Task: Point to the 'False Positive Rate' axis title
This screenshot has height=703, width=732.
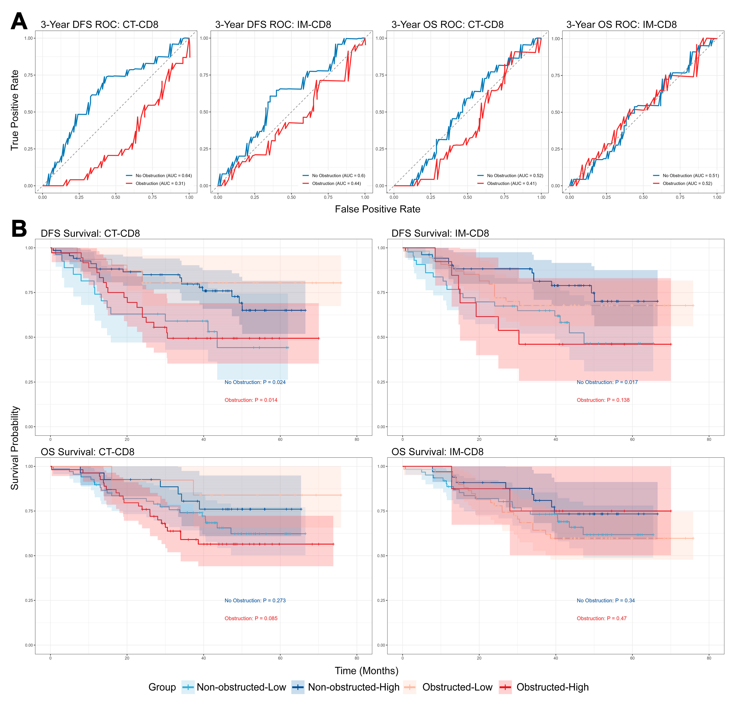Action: (x=377, y=209)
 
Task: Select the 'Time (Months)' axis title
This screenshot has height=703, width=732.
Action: (x=366, y=670)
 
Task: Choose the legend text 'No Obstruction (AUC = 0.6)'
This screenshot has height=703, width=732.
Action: (x=338, y=176)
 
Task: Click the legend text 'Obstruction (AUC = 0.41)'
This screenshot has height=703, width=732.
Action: (x=512, y=183)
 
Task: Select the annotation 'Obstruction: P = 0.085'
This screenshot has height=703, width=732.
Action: (x=251, y=618)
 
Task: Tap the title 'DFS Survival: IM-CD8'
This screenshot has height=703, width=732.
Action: (x=440, y=234)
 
